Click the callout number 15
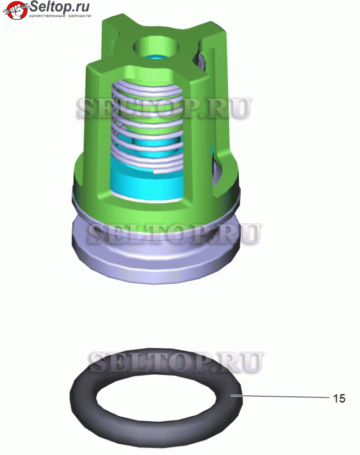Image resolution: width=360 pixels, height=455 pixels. coord(339,398)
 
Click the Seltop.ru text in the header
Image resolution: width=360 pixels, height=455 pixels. coord(60,6)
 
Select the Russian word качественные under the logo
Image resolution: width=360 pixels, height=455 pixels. coord(47,16)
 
